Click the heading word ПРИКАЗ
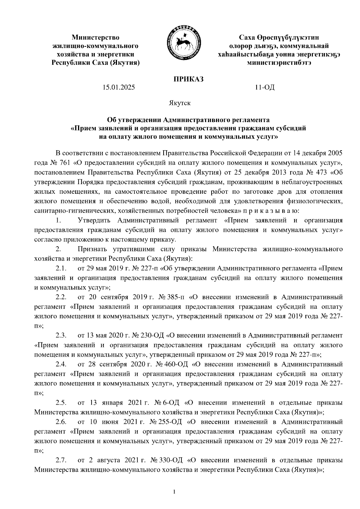coord(189,79)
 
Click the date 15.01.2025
coord(118,88)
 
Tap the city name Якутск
coord(179,103)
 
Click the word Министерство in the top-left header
coord(95,38)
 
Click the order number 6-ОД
coord(172,402)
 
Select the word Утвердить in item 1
coord(95,220)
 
